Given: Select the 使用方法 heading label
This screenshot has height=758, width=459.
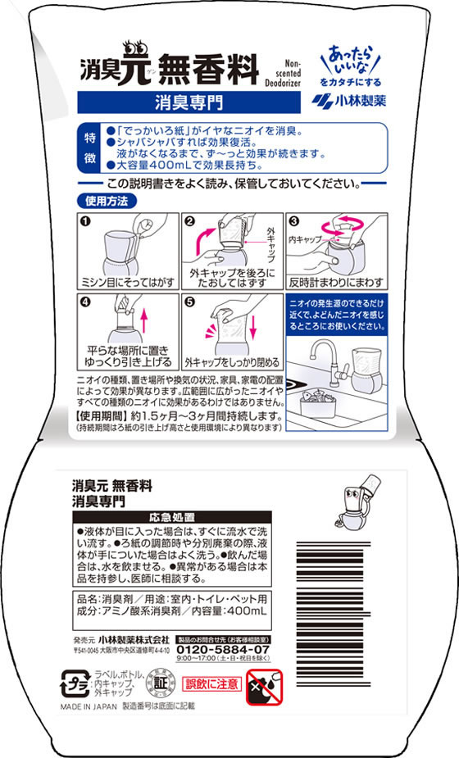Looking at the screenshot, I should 106,199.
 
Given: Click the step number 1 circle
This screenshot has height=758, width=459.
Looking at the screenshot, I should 84,220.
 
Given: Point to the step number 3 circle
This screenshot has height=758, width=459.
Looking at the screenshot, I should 294,220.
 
